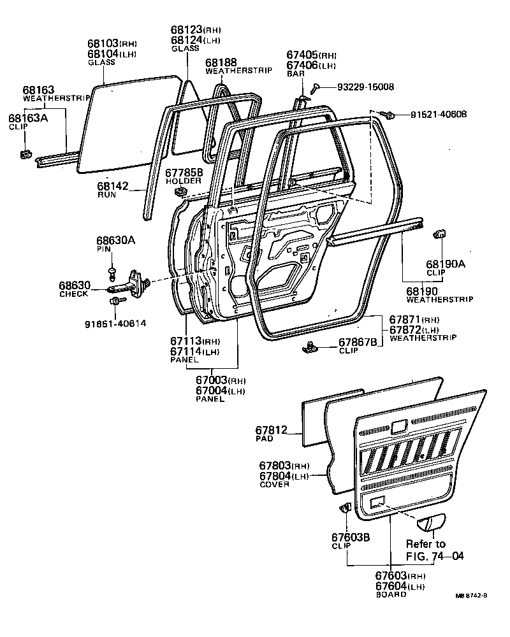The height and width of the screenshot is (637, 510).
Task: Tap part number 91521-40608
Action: (x=439, y=115)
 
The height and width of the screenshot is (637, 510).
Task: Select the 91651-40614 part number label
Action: (x=115, y=323)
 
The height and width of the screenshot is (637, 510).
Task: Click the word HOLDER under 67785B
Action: (x=184, y=181)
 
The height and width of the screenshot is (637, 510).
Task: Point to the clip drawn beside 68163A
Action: (x=26, y=154)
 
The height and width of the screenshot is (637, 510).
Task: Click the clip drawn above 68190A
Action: (x=439, y=233)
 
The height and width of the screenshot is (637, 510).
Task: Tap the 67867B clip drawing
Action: (x=311, y=347)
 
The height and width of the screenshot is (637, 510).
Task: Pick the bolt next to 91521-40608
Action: (x=387, y=115)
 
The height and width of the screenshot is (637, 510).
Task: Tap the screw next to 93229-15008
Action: (x=316, y=87)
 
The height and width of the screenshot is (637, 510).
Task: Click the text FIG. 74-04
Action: (x=434, y=556)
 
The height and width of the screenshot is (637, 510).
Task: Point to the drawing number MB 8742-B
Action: (x=472, y=596)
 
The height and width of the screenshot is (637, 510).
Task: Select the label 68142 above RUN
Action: (x=113, y=187)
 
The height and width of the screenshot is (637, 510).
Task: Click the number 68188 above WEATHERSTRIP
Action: (x=221, y=62)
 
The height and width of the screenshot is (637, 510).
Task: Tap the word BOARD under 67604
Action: (x=391, y=594)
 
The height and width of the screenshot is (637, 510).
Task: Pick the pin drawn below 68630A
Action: (x=112, y=273)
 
